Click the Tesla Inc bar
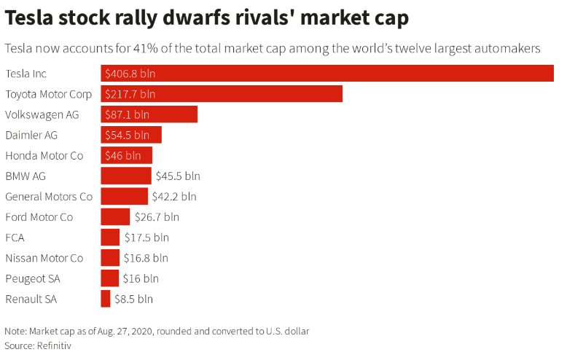(x=328, y=74)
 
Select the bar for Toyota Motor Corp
(x=222, y=94)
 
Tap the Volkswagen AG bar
(x=149, y=114)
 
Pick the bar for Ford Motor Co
(x=115, y=216)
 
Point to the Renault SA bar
(x=106, y=299)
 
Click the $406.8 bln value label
(x=130, y=74)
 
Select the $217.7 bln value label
(x=130, y=94)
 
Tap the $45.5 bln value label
(x=178, y=176)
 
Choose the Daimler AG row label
(x=31, y=135)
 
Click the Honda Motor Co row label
(x=44, y=155)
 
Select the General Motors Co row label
(x=49, y=196)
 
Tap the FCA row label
(x=15, y=237)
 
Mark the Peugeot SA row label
(x=33, y=278)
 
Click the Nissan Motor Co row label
(x=44, y=258)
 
